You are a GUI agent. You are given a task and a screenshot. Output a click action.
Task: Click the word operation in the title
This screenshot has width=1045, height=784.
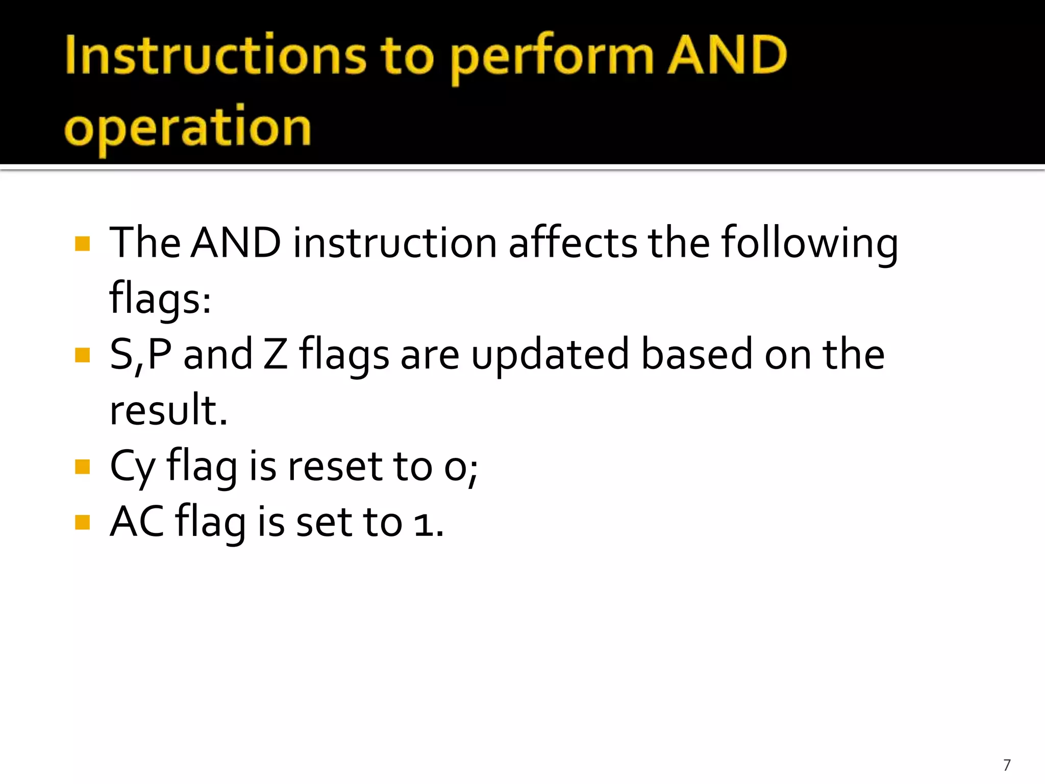click(188, 128)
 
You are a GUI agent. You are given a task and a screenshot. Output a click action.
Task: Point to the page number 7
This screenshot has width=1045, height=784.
click(1007, 765)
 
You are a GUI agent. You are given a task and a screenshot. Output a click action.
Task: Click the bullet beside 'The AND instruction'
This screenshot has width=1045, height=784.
click(82, 243)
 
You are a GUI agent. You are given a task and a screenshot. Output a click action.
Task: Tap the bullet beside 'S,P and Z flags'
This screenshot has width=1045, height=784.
click(82, 355)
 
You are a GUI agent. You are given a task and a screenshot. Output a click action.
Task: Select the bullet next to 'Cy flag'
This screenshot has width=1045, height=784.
click(82, 467)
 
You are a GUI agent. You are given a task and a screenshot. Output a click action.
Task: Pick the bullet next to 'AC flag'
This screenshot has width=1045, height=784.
click(82, 522)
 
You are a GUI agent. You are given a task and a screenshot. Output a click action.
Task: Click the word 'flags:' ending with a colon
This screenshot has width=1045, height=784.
click(160, 299)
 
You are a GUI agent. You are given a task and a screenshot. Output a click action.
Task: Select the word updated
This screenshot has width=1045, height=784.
click(550, 355)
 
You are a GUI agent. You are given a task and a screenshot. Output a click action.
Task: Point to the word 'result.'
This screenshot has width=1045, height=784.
click(168, 410)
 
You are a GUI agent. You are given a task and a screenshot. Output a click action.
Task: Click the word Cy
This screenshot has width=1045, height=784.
click(132, 467)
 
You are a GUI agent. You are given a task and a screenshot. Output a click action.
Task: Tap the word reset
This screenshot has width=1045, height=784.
click(335, 467)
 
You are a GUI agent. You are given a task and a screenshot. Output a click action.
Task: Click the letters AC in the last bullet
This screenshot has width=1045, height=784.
click(137, 522)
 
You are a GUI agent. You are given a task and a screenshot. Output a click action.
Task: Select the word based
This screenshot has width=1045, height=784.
click(696, 354)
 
